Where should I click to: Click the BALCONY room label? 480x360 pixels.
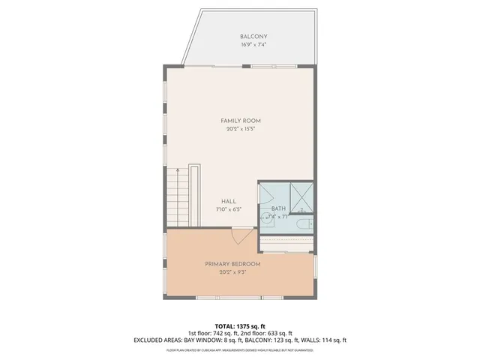(253, 37)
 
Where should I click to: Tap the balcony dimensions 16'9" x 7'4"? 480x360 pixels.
(253, 45)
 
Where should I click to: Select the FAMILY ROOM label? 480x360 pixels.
(240, 121)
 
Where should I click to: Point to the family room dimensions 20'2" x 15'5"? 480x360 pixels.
(240, 129)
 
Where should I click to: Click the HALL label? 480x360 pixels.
(229, 201)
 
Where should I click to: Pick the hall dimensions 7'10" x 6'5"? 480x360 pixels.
(229, 209)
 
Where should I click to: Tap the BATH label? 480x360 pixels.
(278, 208)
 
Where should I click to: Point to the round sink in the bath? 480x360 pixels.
(267, 219)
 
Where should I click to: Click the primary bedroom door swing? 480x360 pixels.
(241, 237)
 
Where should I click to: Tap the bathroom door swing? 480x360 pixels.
(267, 194)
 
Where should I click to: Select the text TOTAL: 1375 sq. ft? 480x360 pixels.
(240, 327)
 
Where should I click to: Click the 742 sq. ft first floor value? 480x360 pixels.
(222, 334)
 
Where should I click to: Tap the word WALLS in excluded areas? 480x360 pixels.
(311, 340)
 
